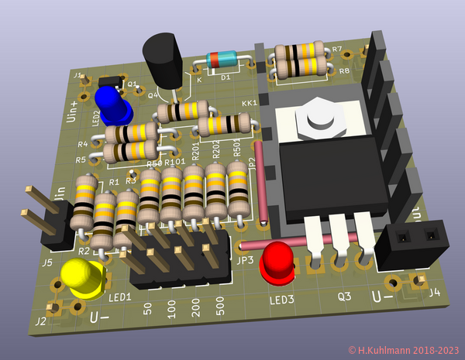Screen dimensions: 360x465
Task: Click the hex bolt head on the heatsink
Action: click(319, 115)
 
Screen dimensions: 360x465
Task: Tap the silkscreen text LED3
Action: click(281, 300)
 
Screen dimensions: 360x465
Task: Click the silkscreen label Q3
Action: click(344, 296)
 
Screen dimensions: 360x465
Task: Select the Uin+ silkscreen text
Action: click(73, 112)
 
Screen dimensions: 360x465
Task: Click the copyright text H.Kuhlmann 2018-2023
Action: click(404, 351)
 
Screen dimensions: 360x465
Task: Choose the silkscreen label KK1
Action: click(250, 103)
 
